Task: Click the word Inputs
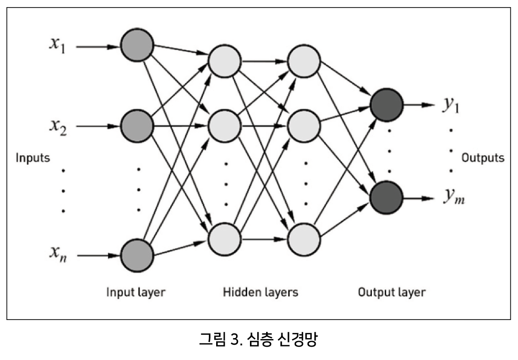coord(32,158)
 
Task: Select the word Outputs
coord(483,158)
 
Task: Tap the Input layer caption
coord(136,292)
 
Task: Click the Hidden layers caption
coord(260,292)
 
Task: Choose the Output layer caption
coord(392,292)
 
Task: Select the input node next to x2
coord(137,126)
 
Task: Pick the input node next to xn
coord(137,255)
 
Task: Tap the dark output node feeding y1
coord(387,105)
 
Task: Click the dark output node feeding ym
coord(387,197)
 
